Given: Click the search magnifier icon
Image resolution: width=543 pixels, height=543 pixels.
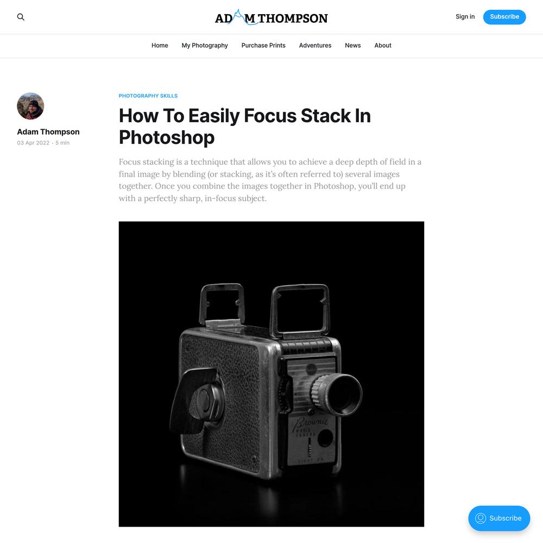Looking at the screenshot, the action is tap(21, 17).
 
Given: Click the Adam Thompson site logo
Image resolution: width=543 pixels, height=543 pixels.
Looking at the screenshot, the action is tap(271, 17).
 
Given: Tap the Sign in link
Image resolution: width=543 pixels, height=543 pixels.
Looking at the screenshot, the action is tap(465, 17).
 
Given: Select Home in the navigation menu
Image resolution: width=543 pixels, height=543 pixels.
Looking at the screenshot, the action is tap(160, 46).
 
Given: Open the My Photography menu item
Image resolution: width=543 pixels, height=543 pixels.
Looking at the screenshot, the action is tap(205, 46).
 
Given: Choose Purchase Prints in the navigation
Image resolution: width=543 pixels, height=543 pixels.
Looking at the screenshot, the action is tap(263, 46).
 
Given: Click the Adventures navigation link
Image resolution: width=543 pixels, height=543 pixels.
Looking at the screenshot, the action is tap(315, 46).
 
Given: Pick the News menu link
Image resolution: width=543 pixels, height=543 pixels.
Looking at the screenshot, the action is tap(352, 46).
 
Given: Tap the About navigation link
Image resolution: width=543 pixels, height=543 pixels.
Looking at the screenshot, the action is tap(383, 46).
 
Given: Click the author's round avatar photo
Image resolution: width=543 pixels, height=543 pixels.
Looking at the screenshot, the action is tap(30, 106).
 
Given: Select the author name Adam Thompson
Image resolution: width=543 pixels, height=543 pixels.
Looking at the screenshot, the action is tap(48, 132).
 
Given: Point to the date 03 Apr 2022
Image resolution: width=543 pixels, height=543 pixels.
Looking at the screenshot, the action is tap(33, 143).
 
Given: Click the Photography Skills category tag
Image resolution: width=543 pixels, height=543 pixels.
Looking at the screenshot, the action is tap(148, 96).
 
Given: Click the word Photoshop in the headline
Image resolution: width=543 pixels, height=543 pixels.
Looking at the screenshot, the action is tap(167, 137).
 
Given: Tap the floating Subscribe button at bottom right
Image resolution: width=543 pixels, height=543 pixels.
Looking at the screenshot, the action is tap(499, 518).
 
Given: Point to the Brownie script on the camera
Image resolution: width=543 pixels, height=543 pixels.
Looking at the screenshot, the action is tap(311, 423).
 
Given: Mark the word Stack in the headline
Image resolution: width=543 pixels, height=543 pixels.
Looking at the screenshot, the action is tap(325, 116).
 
